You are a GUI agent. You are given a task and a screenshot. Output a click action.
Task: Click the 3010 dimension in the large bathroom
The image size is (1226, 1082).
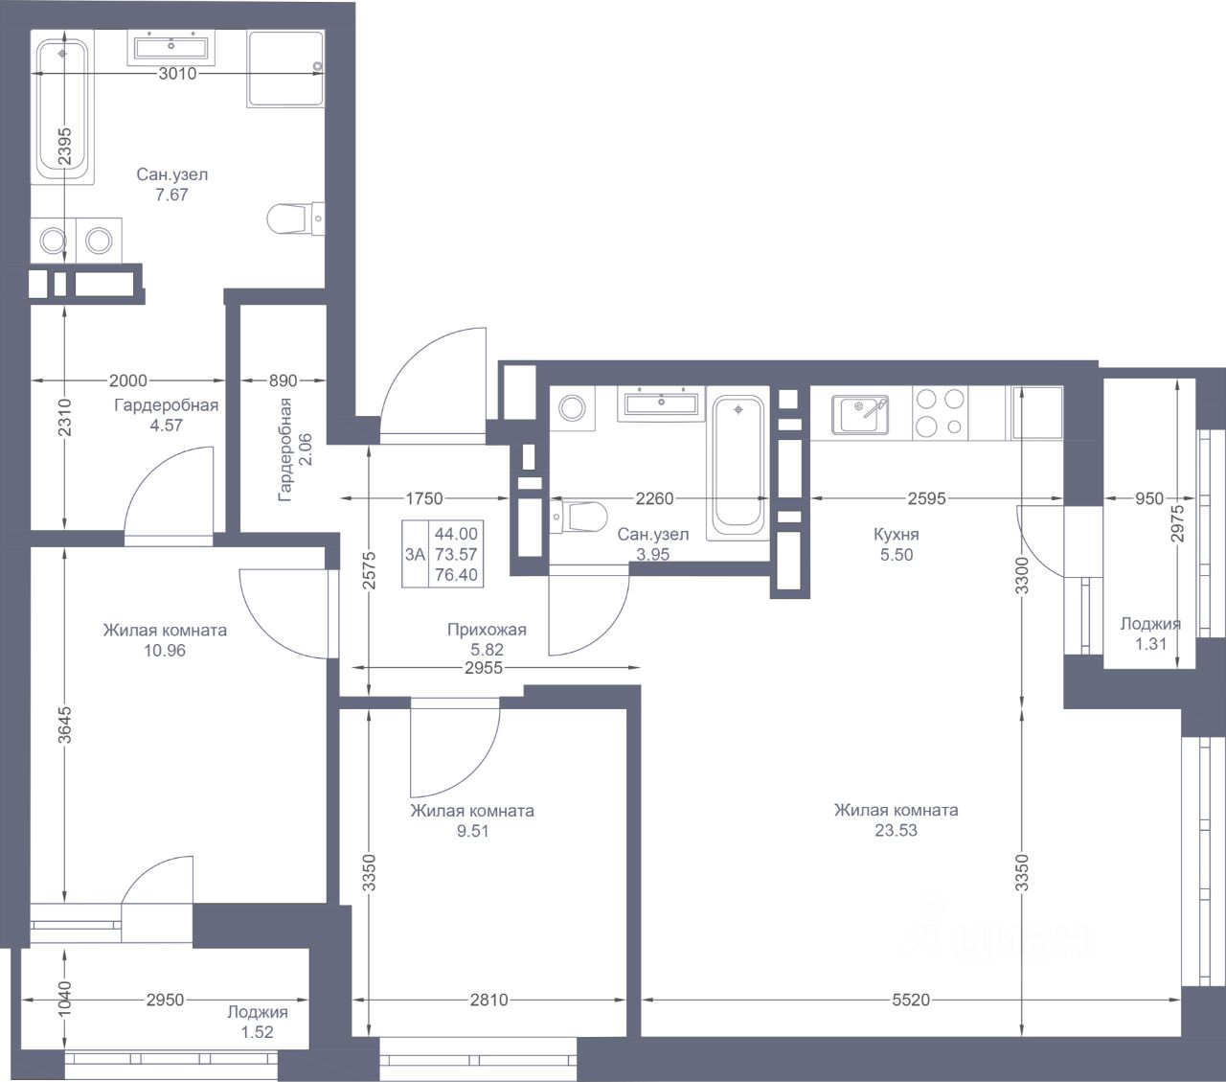(177, 74)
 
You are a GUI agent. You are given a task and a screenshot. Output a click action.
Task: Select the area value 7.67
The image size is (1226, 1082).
(171, 195)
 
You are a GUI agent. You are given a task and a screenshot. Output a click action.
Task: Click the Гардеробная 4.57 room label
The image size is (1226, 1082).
(167, 415)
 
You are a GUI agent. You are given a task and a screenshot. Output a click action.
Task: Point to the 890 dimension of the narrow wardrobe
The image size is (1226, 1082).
(283, 380)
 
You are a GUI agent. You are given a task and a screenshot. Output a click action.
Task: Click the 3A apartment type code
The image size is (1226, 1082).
(415, 554)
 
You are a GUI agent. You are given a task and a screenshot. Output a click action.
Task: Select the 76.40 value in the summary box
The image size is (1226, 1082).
(456, 575)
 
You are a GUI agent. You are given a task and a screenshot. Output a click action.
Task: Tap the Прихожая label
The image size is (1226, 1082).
(487, 630)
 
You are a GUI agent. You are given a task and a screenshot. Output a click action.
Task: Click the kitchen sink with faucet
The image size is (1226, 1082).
(860, 415)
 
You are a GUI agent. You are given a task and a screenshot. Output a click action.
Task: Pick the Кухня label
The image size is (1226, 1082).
(897, 535)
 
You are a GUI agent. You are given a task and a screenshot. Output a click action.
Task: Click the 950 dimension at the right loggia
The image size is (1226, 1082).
(1149, 498)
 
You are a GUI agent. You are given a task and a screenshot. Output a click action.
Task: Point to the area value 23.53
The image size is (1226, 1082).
(897, 830)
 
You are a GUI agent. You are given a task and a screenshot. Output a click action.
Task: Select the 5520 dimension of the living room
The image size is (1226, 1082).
(911, 1000)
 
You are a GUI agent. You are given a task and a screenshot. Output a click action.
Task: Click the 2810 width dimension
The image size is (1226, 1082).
(488, 1000)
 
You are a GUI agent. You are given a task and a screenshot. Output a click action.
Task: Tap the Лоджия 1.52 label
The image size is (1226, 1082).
(258, 1022)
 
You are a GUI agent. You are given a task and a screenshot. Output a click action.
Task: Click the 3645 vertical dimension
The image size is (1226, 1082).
(64, 725)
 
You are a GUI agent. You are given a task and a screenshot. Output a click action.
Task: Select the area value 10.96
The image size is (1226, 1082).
(165, 651)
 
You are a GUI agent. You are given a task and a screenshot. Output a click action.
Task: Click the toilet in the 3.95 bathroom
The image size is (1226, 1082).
(579, 517)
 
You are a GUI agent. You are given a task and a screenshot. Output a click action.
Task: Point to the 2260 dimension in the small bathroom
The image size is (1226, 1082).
(654, 498)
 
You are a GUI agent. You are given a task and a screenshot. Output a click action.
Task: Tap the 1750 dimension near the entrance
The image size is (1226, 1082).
(424, 498)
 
